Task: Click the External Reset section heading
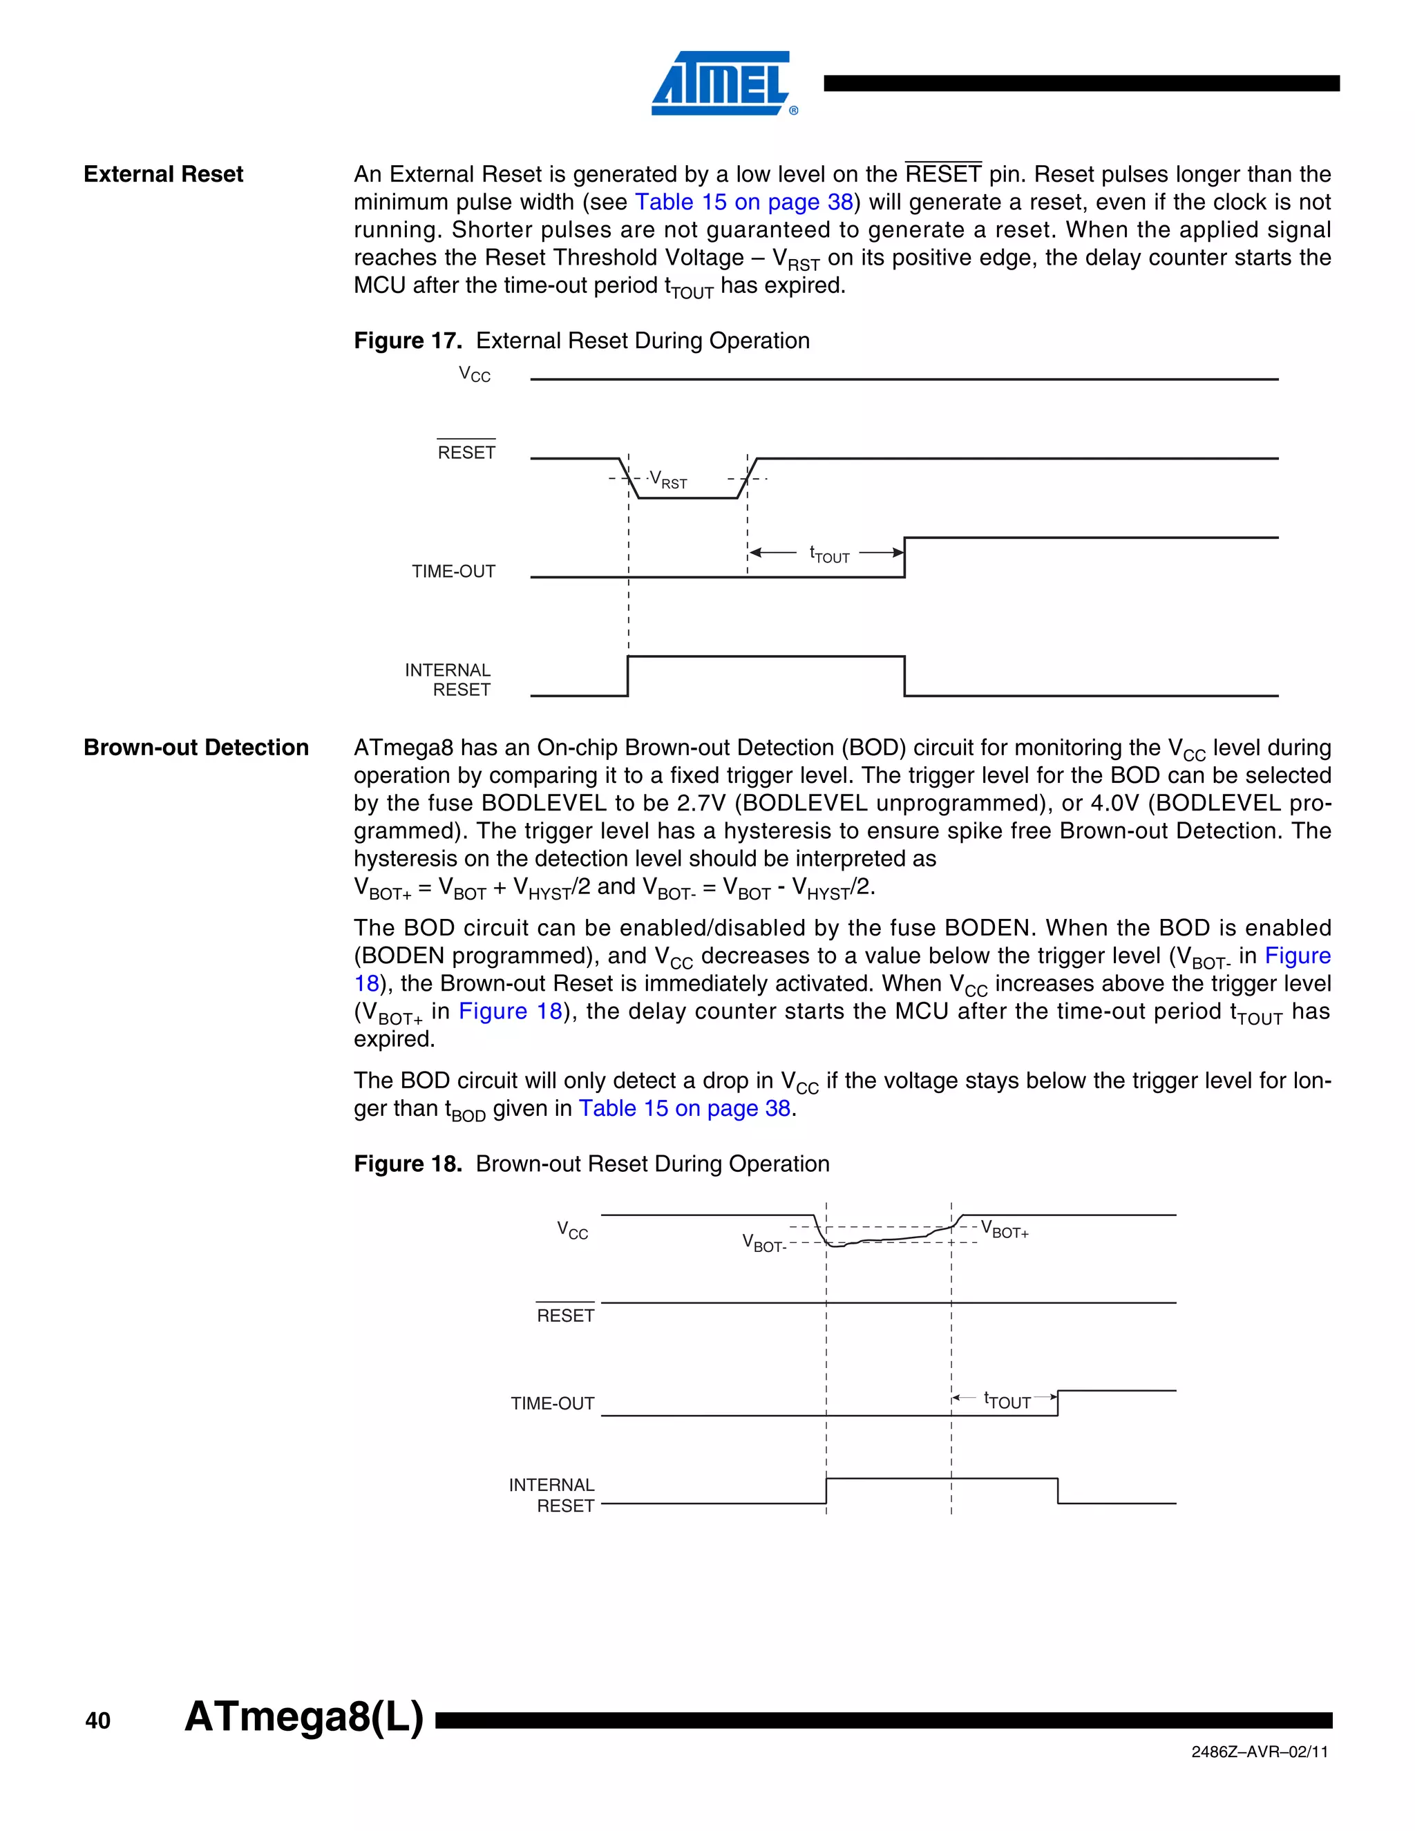point(164,174)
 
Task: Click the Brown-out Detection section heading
point(196,747)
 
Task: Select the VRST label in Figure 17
point(669,480)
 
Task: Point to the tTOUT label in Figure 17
point(829,555)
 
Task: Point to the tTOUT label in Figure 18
point(1007,1401)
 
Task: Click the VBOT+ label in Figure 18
point(1004,1230)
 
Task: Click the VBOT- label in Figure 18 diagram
point(763,1243)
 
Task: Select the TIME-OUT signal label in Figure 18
point(553,1403)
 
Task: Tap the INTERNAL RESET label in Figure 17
point(448,680)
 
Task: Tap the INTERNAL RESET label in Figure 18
point(553,1495)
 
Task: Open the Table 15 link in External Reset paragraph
point(743,202)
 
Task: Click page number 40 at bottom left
point(98,1721)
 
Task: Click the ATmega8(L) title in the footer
point(303,1716)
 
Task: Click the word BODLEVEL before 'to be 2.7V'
point(543,803)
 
